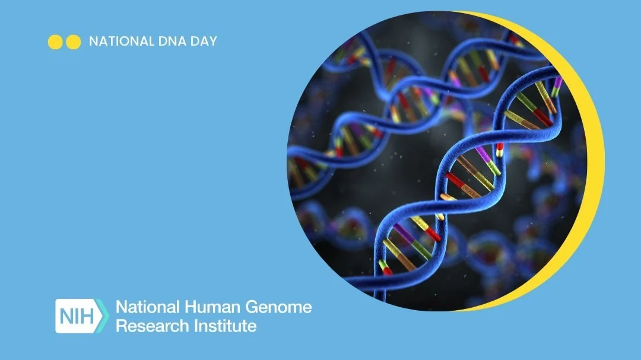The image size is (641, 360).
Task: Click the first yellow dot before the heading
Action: pos(55,42)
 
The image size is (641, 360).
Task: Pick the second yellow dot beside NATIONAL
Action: pos(73,42)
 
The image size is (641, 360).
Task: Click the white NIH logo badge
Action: pos(77,316)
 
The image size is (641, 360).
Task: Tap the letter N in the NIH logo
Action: pos(66,316)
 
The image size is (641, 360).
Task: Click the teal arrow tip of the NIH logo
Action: pos(105,316)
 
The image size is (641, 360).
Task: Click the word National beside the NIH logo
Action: pos(145,307)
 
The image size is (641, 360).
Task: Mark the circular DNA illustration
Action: pos(439,160)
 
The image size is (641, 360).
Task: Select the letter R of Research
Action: pos(120,326)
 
